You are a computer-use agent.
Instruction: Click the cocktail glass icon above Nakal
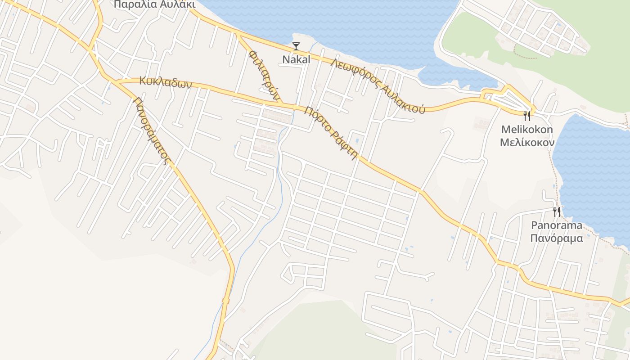296,46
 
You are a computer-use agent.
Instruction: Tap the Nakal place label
296,59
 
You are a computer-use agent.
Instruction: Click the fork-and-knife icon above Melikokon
527,116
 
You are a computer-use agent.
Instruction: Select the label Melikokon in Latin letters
527,130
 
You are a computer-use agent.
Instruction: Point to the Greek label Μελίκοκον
527,143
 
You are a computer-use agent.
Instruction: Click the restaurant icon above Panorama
557,212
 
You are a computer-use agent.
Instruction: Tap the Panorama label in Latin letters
557,225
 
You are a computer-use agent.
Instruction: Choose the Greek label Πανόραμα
557,238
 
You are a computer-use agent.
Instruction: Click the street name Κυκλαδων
166,82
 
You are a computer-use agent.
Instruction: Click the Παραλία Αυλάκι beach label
154,4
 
